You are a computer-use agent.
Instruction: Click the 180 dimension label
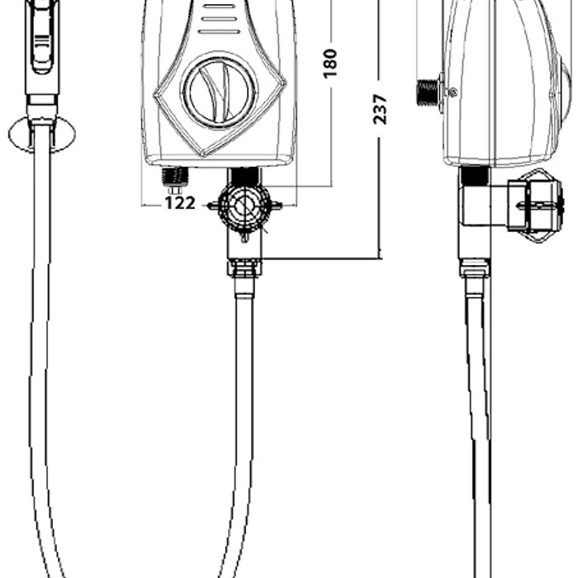point(330,63)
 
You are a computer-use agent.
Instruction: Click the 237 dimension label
point(380,109)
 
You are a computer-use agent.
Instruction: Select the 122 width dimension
point(179,203)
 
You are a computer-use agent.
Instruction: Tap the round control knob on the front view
point(219,92)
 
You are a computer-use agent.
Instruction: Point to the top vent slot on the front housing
point(219,7)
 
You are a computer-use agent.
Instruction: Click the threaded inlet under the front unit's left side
point(175,176)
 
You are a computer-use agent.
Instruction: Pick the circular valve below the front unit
point(244,206)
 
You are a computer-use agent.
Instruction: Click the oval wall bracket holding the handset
point(42,134)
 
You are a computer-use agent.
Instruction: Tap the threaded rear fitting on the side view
point(429,93)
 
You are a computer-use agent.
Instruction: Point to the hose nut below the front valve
point(244,268)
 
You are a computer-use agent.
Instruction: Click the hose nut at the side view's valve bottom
point(475,268)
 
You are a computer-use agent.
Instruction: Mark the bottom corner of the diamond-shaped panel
point(205,156)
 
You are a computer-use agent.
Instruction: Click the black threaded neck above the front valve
point(244,176)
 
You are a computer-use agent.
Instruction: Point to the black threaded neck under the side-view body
point(475,176)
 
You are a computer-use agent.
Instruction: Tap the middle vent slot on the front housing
point(218,19)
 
